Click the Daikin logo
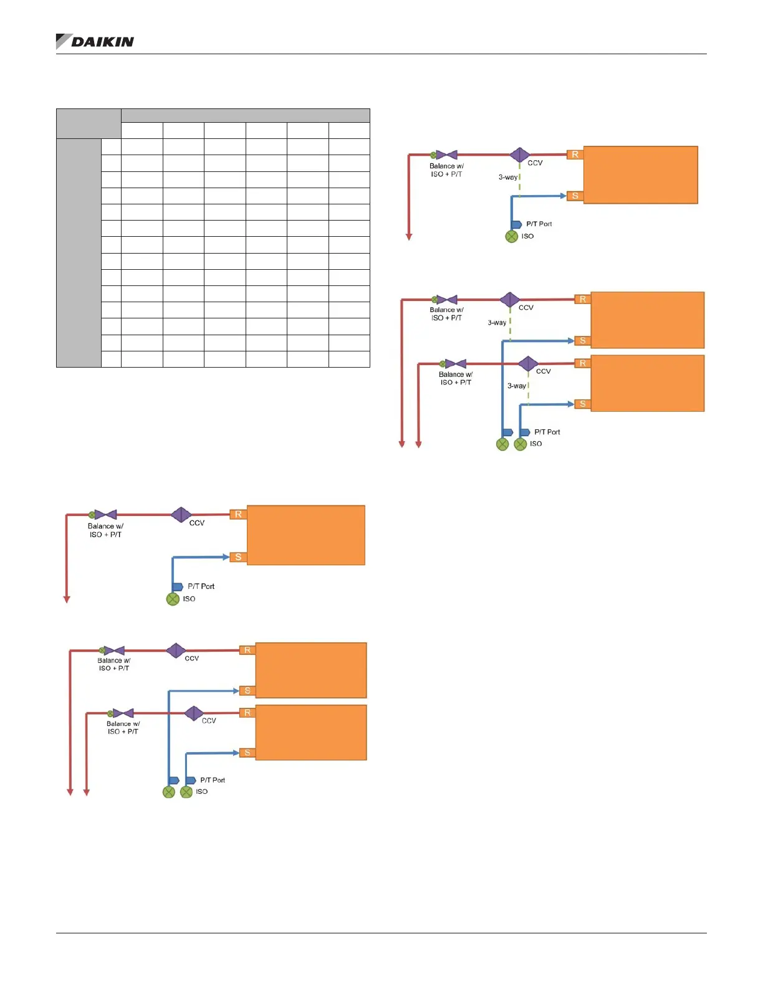[x=95, y=42]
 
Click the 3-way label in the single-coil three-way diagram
[x=507, y=178]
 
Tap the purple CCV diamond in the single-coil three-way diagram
[x=519, y=155]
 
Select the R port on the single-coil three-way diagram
[x=575, y=155]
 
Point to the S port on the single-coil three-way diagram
[x=575, y=196]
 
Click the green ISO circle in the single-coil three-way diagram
[x=512, y=237]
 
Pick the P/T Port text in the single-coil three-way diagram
[x=539, y=224]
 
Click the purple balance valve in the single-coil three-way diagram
[x=447, y=155]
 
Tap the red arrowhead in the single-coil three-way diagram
[x=409, y=237]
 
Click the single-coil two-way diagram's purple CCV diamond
[x=181, y=515]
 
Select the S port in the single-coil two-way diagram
[x=238, y=557]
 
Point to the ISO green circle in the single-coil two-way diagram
[x=173, y=599]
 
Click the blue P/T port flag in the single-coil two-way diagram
[x=178, y=587]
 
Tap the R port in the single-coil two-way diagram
[x=238, y=515]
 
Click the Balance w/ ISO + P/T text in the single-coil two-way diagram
[x=105, y=530]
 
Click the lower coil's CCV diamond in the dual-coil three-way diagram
[x=528, y=363]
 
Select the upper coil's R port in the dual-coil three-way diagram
[x=583, y=300]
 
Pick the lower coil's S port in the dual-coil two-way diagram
[x=247, y=753]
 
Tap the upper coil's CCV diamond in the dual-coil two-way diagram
[x=176, y=651]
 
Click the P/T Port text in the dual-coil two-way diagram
[x=213, y=780]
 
